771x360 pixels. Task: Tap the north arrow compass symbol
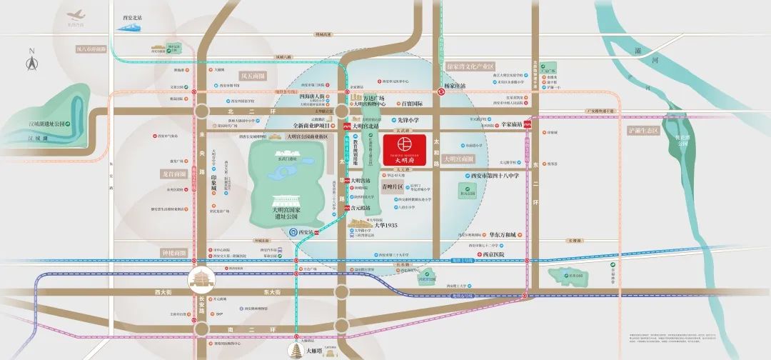31,63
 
